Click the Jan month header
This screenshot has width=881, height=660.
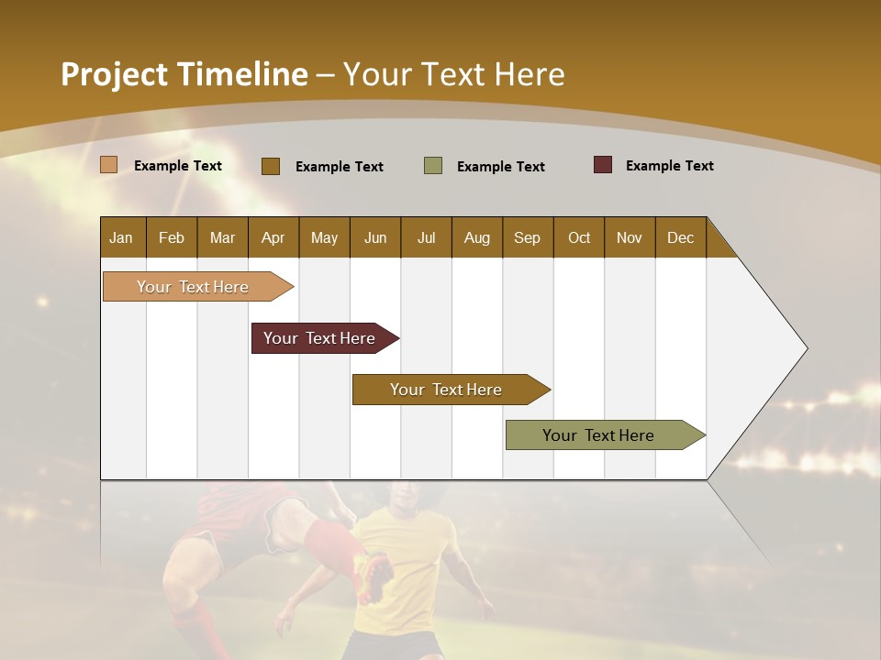coord(122,237)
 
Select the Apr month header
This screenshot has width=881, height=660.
coord(273,237)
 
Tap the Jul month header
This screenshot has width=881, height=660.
coord(426,237)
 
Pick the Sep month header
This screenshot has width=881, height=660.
coord(528,237)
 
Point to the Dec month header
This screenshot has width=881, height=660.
coord(680,237)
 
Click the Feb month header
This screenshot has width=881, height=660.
coord(172,237)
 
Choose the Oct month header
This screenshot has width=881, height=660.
coord(579,237)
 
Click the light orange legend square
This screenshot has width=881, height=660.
coord(109,165)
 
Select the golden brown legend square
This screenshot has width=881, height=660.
coord(271,166)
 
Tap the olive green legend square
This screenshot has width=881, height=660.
coord(433,166)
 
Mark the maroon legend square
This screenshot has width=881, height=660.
coord(603,165)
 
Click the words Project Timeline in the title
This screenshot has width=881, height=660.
coord(184,74)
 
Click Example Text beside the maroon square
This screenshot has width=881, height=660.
coord(669,166)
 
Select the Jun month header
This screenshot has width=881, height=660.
coord(375,237)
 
